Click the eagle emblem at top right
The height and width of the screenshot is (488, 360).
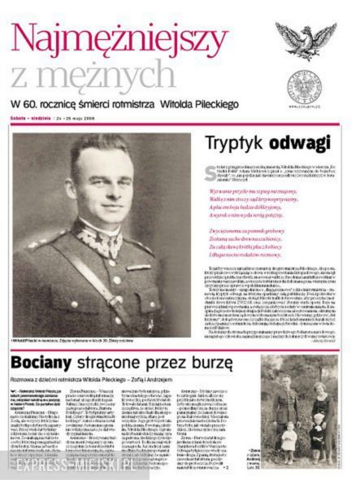305,39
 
